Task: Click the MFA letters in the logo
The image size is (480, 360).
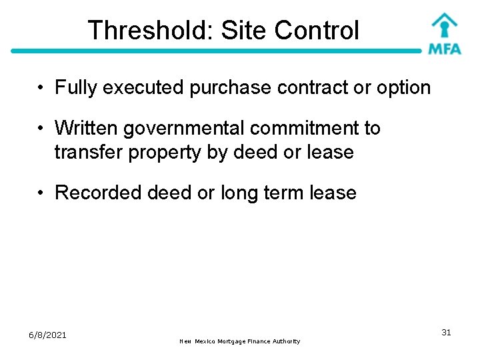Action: (x=444, y=48)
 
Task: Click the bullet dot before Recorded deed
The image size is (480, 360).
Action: (x=41, y=193)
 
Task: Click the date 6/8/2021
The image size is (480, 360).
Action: (x=47, y=335)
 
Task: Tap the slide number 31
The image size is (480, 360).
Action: (x=446, y=332)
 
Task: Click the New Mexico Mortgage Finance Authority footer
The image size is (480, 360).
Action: (x=240, y=341)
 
